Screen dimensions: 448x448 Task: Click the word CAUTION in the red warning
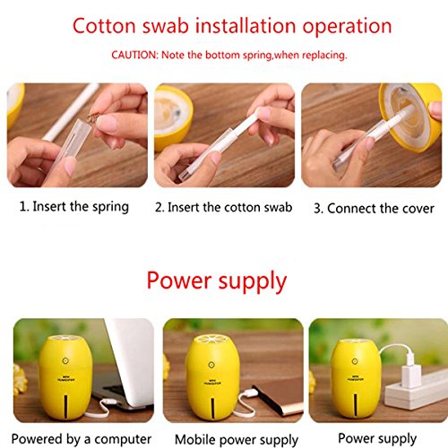pos(134,55)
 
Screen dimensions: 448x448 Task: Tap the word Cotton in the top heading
pos(104,26)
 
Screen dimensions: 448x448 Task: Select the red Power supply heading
pos(217,281)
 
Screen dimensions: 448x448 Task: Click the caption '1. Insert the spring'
pos(74,207)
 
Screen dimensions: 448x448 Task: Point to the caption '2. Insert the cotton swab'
pos(223,207)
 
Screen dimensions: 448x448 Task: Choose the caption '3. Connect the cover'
pos(374,209)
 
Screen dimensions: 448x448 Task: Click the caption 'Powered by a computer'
pos(82,439)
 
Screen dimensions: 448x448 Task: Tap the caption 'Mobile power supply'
pos(237,440)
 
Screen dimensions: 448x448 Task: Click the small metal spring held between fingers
pos(93,118)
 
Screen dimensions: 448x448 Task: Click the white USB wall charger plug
pos(411,370)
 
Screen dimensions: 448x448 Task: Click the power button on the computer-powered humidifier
pos(65,361)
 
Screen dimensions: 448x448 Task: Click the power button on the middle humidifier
pos(211,365)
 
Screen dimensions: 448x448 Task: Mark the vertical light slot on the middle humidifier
pos(212,408)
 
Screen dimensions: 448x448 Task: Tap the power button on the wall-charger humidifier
pos(355,361)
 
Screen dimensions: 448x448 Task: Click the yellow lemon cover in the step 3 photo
pos(411,116)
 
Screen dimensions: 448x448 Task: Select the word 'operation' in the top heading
pos(347,27)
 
